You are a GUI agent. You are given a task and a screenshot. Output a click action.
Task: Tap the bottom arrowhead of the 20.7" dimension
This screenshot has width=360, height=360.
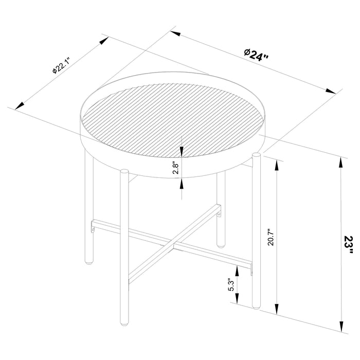(x=278, y=312)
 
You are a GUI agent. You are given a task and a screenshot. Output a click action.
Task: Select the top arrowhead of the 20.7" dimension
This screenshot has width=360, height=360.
(x=278, y=164)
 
